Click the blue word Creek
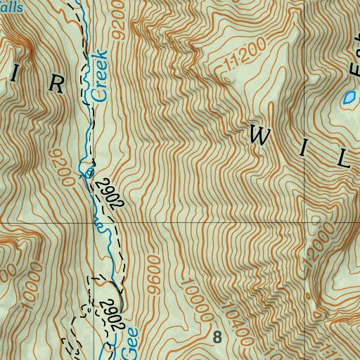(99, 77)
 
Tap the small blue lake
(348, 98)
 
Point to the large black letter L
(343, 160)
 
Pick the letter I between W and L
(303, 148)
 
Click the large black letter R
(57, 84)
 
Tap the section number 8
(217, 337)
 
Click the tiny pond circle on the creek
(89, 172)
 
